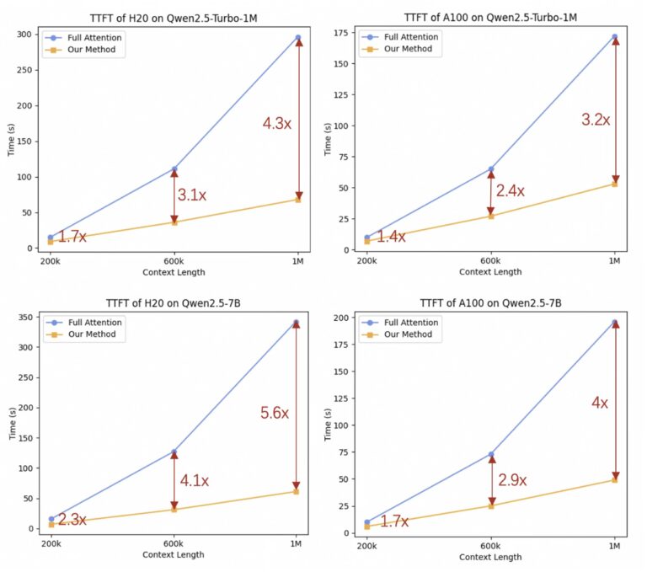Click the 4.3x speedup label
277,123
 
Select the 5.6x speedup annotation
275,413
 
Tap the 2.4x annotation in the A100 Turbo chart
511,190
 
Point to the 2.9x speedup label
512,480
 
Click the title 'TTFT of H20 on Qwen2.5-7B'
174,303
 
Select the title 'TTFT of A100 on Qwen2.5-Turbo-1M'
490,18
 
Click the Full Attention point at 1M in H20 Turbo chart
298,38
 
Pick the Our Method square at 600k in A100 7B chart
491,506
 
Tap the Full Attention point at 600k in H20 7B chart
174,452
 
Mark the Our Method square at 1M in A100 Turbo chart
615,184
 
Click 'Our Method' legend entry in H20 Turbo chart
91,50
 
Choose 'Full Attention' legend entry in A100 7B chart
411,323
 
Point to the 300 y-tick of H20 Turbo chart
24,35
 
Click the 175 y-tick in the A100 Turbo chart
341,33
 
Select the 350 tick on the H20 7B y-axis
25,317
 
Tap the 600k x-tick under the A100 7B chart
490,546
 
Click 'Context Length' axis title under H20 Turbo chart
174,272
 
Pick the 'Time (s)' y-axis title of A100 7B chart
328,425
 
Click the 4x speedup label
600,403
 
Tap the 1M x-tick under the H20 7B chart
296,544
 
